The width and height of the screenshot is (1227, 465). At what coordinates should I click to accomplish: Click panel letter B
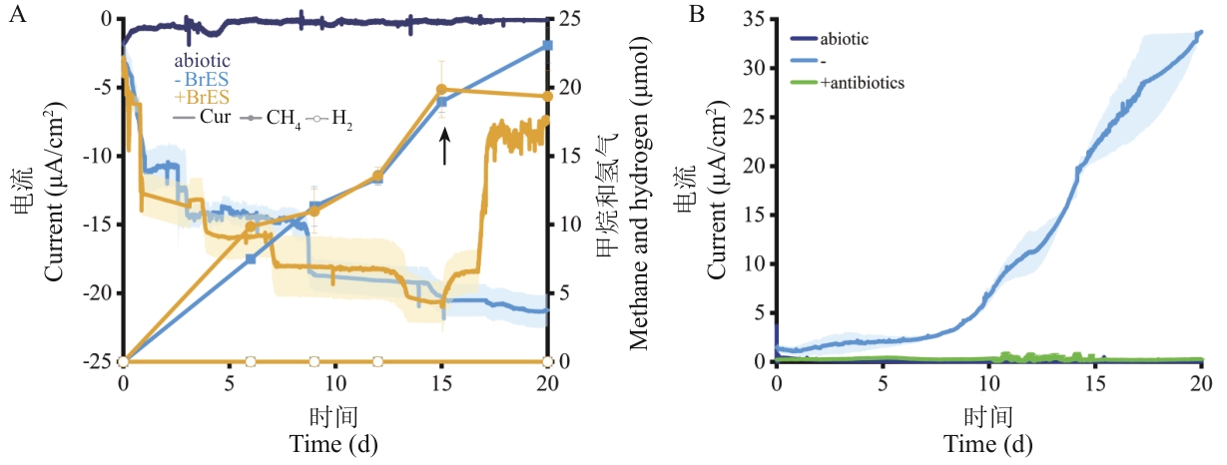coord(697,15)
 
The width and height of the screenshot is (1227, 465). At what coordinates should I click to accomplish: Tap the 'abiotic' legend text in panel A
coord(202,60)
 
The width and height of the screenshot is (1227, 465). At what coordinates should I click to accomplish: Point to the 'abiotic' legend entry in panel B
coord(845,39)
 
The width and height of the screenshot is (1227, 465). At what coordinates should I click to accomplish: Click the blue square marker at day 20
coord(547,46)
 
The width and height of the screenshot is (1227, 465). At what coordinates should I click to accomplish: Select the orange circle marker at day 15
coord(441,90)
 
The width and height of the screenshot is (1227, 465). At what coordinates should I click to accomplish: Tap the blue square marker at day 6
coord(251,258)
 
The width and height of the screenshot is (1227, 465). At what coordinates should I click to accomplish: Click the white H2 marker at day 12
coord(377,361)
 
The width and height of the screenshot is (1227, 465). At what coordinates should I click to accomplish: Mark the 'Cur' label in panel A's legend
coord(214,117)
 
